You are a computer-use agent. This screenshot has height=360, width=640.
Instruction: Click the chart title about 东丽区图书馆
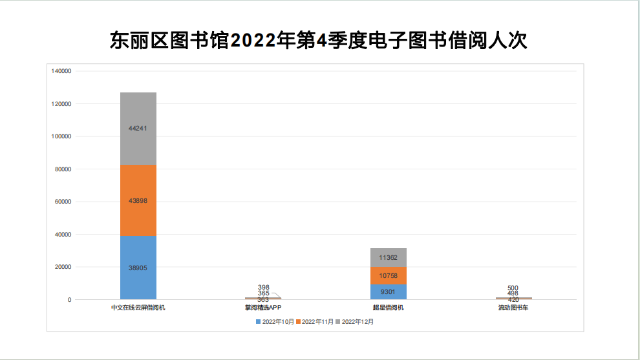(x=319, y=41)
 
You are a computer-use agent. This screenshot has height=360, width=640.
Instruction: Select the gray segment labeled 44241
(x=138, y=128)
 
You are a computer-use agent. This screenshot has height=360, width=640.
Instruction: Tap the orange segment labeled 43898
(x=138, y=200)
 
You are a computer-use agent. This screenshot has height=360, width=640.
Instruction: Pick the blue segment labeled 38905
(x=138, y=268)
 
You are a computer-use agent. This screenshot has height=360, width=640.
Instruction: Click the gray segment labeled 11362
(x=389, y=257)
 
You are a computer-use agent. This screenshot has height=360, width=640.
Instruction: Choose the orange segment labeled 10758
(x=389, y=275)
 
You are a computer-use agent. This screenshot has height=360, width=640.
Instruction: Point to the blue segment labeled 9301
(x=389, y=291)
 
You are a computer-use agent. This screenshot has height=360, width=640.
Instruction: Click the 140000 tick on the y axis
(x=61, y=71)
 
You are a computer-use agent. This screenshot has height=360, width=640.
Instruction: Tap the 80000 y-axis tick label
(x=63, y=169)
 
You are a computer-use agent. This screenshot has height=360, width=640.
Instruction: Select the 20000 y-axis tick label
(x=63, y=267)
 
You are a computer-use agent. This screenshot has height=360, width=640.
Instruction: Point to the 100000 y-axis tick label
(x=61, y=136)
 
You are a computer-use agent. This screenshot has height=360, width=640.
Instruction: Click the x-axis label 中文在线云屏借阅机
(x=138, y=308)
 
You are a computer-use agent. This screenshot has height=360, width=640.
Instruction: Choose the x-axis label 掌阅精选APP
(x=263, y=308)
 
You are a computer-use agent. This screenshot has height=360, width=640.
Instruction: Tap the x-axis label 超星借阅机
(x=389, y=308)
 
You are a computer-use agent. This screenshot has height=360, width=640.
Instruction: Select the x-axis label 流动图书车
(x=513, y=308)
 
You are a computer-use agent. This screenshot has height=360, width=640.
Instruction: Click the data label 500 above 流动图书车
(x=513, y=288)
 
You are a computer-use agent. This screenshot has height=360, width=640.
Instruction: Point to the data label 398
(x=263, y=287)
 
